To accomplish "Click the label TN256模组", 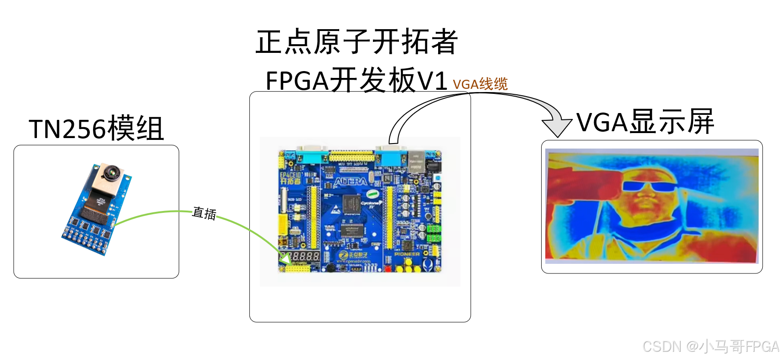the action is (x=96, y=129).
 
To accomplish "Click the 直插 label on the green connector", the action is (x=204, y=213).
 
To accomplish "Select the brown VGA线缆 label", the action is (x=480, y=84).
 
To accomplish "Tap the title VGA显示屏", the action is (x=645, y=122).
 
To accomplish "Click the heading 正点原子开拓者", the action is (x=357, y=42).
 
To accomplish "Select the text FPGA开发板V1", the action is (x=356, y=81).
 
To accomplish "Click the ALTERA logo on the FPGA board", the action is (x=350, y=182).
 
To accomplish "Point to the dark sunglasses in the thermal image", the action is (x=648, y=186).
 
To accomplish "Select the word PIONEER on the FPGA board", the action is (x=407, y=254).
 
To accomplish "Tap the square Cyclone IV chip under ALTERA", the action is (x=351, y=203).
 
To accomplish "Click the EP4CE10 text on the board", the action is (x=290, y=175).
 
